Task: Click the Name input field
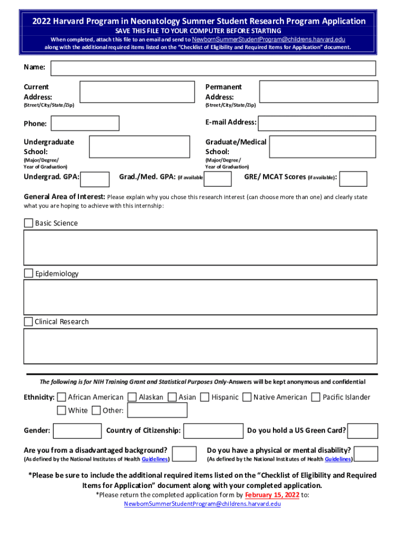point(213,68)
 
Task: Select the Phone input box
point(85,123)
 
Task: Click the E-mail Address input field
point(317,123)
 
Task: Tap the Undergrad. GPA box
point(95,178)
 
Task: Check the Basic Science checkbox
point(28,223)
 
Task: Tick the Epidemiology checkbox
point(28,273)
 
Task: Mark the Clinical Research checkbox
point(28,322)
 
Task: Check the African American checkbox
point(62,397)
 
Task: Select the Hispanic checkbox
point(205,397)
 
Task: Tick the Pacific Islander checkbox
point(316,397)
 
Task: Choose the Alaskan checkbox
point(132,397)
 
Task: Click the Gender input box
point(77,431)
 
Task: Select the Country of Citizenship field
point(213,431)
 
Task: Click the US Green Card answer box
point(363,431)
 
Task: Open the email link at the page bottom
point(202,504)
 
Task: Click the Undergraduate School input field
point(139,146)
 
